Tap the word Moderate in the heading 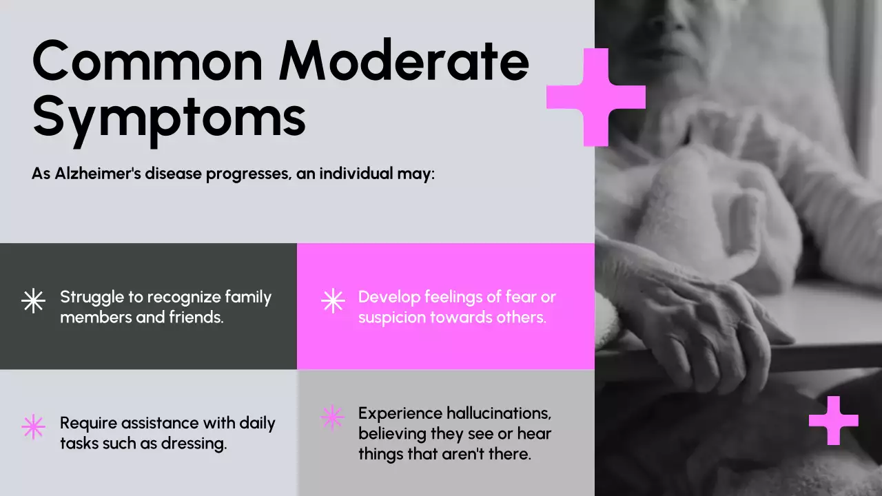tap(404, 62)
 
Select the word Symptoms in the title tap(169, 117)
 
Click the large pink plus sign tap(596, 97)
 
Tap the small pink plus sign tap(834, 420)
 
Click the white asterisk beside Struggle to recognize tap(33, 301)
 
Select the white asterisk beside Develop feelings tap(333, 301)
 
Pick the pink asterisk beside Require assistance tap(33, 427)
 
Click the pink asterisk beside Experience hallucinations tap(332, 417)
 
